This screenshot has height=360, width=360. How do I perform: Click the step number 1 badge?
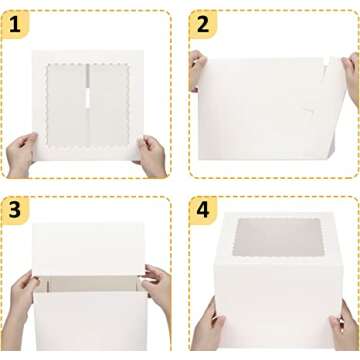[15, 25]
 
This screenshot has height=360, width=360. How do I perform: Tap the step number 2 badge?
[203, 25]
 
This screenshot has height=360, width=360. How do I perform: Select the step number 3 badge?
[15, 211]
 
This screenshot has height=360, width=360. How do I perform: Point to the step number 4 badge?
[203, 211]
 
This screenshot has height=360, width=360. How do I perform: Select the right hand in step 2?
[351, 78]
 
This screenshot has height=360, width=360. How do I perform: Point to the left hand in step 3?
[20, 308]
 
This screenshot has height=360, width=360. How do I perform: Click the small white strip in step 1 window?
[88, 99]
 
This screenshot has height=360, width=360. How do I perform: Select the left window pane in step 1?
[66, 105]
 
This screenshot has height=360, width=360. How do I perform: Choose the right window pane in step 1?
[109, 105]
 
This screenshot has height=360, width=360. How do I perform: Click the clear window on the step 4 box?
[278, 237]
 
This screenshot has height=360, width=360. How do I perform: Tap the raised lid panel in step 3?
[89, 249]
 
